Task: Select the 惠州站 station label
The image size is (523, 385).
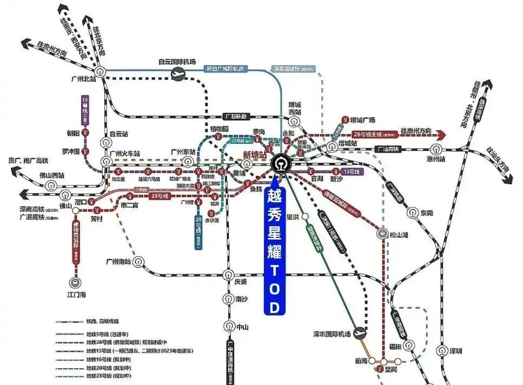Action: (x=435, y=160)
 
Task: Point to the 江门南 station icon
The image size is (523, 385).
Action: (x=74, y=282)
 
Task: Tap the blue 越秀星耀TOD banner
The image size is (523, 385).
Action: (x=275, y=249)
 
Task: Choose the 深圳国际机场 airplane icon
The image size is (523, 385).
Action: (x=359, y=334)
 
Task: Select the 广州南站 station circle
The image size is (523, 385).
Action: (x=140, y=262)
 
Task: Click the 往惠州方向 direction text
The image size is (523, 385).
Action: (x=416, y=131)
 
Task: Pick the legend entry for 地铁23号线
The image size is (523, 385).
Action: (x=109, y=376)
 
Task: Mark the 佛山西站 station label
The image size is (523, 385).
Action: (x=52, y=175)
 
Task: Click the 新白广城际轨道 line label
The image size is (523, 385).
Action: (x=225, y=69)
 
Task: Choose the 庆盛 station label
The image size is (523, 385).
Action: (x=241, y=282)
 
